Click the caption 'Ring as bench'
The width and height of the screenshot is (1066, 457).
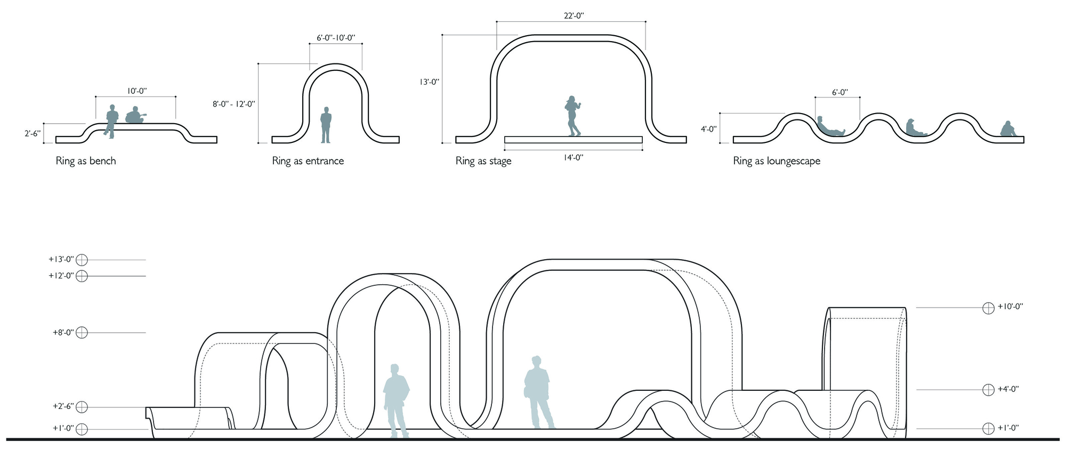point(86,161)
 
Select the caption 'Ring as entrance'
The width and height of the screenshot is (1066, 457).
point(308,161)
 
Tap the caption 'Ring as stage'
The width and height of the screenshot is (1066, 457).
point(483,161)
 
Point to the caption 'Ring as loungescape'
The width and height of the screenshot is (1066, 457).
point(777,161)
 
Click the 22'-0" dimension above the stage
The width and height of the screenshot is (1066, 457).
point(574,16)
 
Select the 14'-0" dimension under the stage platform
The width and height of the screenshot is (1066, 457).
point(574,158)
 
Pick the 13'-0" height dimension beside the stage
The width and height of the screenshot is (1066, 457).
point(430,82)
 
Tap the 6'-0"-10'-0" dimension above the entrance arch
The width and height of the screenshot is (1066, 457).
point(336,38)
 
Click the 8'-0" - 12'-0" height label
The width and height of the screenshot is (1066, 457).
point(234,105)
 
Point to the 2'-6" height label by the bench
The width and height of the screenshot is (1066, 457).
point(33,133)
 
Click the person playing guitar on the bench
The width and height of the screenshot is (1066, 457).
point(135,116)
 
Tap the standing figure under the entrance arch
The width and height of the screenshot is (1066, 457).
point(326,125)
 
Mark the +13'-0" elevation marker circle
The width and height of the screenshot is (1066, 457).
point(82,260)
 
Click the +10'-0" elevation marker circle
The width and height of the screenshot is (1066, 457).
point(989,308)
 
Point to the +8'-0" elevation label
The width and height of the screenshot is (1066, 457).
point(63,333)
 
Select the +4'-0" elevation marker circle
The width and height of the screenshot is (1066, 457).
point(989,390)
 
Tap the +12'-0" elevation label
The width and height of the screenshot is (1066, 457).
point(61,276)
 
